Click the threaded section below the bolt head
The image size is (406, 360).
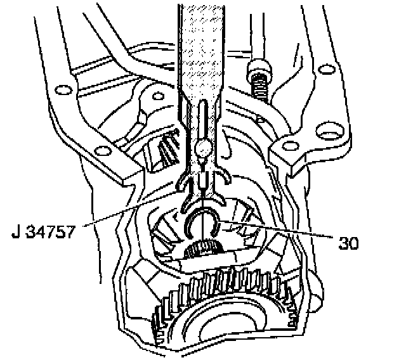(261, 88)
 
